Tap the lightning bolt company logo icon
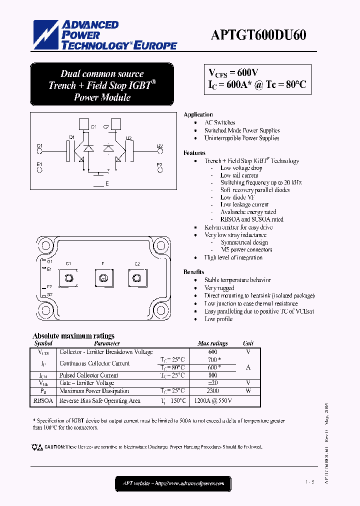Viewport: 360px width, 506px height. pyautogui.click(x=46, y=35)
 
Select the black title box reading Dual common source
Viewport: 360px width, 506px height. pyautogui.click(x=102, y=85)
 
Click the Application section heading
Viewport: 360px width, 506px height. pyautogui.click(x=198, y=114)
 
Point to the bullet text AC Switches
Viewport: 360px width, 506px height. pyautogui.click(x=219, y=122)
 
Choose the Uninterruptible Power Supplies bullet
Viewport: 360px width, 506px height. pyautogui.click(x=241, y=138)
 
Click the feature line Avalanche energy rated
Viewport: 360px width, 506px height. pyautogui.click(x=248, y=212)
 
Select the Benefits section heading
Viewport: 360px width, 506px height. pyautogui.click(x=193, y=272)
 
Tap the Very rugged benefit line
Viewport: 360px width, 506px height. pyautogui.click(x=219, y=288)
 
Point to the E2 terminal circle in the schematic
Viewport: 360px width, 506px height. pyautogui.click(x=159, y=170)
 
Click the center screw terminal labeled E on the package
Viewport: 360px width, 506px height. pyautogui.click(x=102, y=277)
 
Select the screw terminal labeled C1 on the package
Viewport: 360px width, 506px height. pyautogui.click(x=68, y=277)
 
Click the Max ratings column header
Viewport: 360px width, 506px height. pyautogui.click(x=212, y=343)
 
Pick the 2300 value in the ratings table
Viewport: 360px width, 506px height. pyautogui.click(x=213, y=391)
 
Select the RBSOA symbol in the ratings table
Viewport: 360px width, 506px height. pyautogui.click(x=43, y=400)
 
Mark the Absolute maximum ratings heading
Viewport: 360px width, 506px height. pyautogui.click(x=73, y=336)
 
